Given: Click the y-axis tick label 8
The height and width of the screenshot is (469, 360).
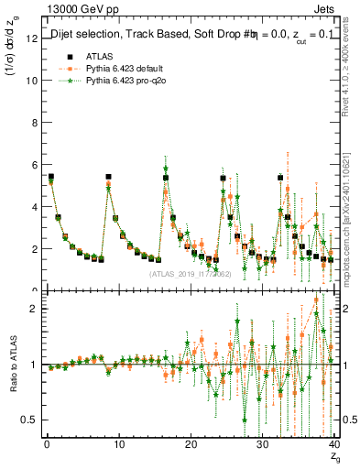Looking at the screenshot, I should click(x=30, y=122).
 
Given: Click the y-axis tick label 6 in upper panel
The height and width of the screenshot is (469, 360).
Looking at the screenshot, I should click(x=30, y=164).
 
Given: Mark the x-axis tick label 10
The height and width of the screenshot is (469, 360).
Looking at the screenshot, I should click(x=118, y=444).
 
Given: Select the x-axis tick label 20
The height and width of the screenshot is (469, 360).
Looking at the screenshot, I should click(x=191, y=444).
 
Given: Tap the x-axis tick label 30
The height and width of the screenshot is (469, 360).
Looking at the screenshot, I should click(x=263, y=444).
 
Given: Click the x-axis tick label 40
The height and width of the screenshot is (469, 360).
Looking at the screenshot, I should click(x=334, y=444).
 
